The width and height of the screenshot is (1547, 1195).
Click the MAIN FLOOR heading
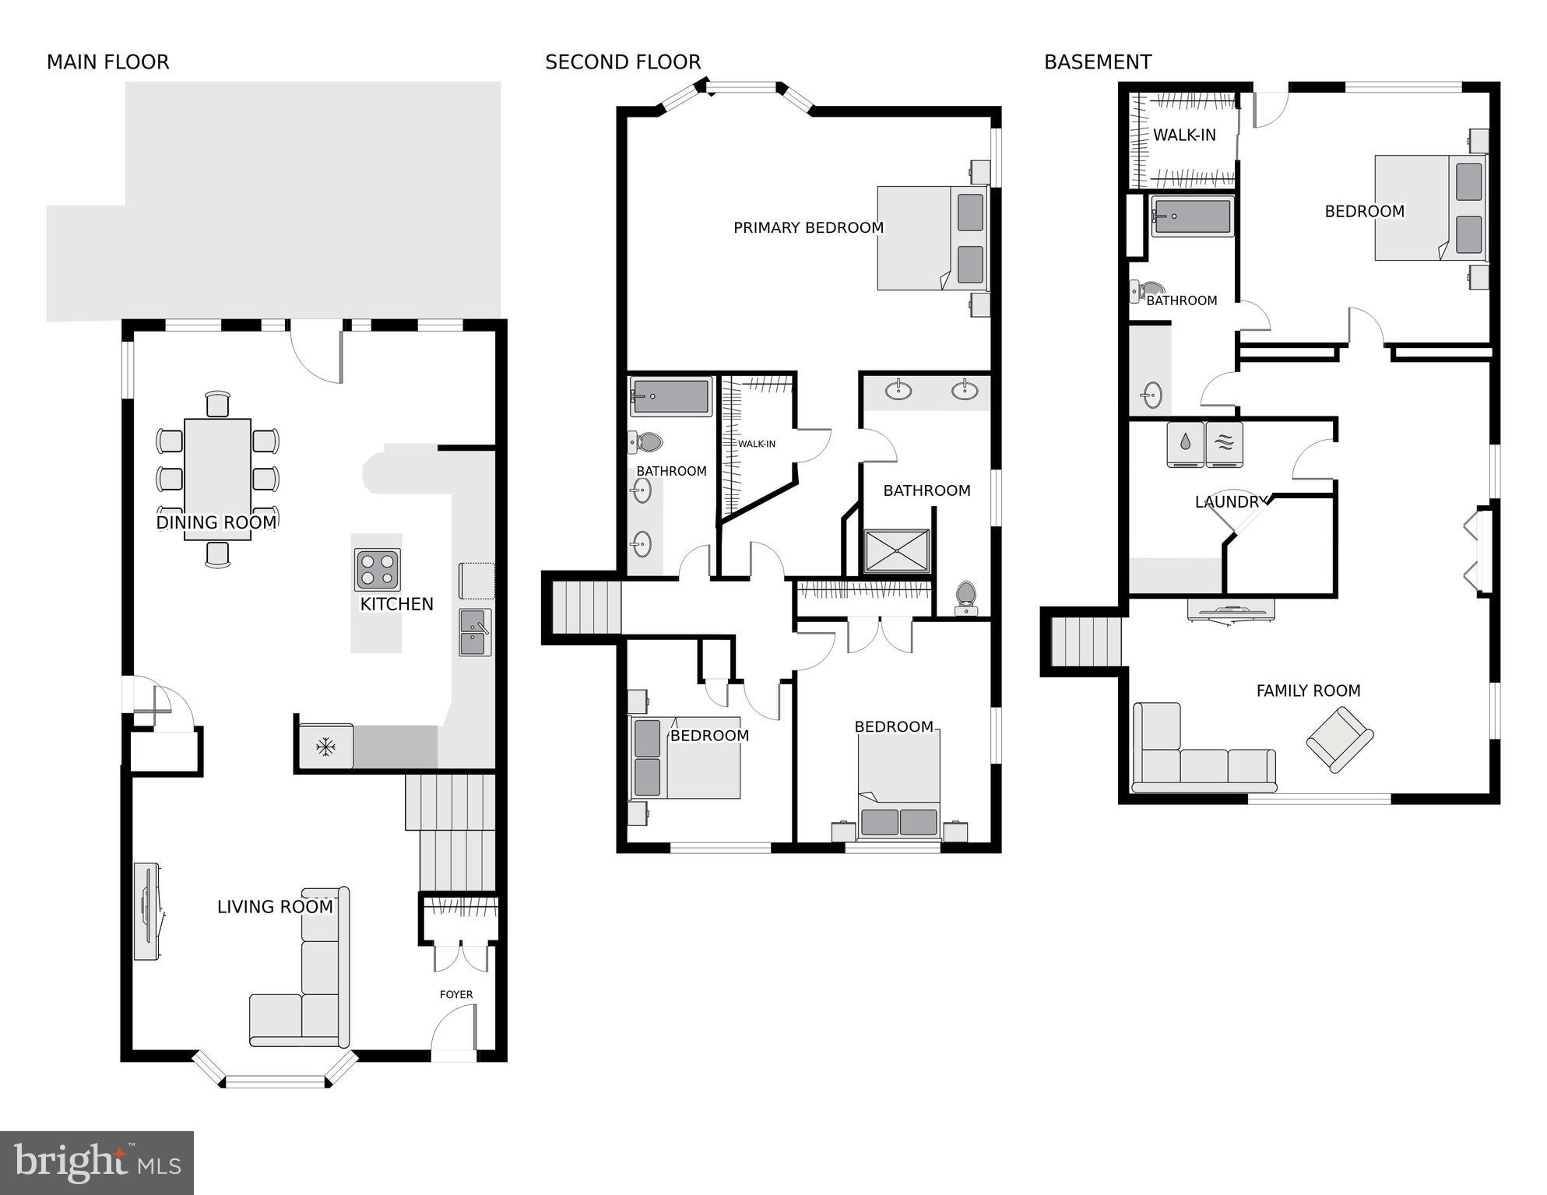(107, 62)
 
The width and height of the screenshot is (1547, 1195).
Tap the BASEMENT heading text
(1097, 62)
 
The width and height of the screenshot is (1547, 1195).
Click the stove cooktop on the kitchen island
(378, 570)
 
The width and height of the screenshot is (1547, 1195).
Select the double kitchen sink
(474, 632)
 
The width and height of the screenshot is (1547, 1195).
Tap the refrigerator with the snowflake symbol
(326, 747)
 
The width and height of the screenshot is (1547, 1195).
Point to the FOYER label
(456, 994)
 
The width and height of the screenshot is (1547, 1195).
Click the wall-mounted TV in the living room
(146, 911)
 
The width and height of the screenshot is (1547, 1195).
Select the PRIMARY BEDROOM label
(808, 228)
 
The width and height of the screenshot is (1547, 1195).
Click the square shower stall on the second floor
(897, 551)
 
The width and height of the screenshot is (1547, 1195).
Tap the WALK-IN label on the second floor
(756, 444)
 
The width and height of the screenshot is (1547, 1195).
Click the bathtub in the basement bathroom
(1192, 216)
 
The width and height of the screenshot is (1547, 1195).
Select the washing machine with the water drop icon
(1185, 444)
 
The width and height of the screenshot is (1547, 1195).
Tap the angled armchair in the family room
(1339, 739)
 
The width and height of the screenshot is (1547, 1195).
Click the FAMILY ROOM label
(1308, 691)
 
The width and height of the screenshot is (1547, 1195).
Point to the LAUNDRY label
(1231, 502)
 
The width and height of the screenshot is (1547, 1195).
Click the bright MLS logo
(97, 1162)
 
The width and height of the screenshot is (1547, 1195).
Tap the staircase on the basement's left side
(1085, 641)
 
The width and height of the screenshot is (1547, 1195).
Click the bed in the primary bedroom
(932, 237)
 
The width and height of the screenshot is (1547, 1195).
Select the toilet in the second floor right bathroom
(965, 597)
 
